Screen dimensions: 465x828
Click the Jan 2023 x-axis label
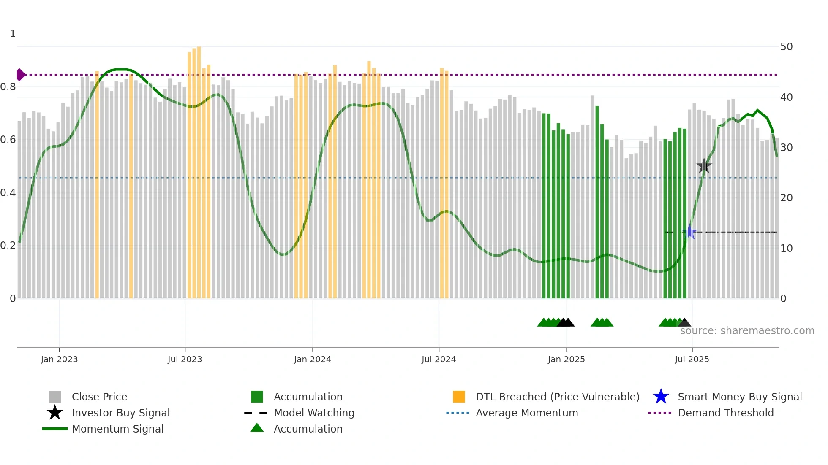pyautogui.click(x=59, y=359)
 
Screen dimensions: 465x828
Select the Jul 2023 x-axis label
pyautogui.click(x=185, y=359)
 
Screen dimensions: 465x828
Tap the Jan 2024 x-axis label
pyautogui.click(x=312, y=359)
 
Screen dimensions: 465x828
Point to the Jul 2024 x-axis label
pyautogui.click(x=439, y=359)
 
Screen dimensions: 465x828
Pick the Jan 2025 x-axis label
pyautogui.click(x=566, y=359)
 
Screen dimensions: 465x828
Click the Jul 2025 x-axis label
pyautogui.click(x=692, y=359)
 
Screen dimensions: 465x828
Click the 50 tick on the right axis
pyautogui.click(x=786, y=47)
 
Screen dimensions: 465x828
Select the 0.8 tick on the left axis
pyautogui.click(x=8, y=87)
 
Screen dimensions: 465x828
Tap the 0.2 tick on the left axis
pyautogui.click(x=8, y=246)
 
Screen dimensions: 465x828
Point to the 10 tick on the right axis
pyautogui.click(x=786, y=248)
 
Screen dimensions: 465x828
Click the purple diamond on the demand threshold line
pyautogui.click(x=20, y=75)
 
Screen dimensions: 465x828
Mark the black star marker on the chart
pyautogui.click(x=704, y=166)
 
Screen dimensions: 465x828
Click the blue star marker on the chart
pyautogui.click(x=690, y=232)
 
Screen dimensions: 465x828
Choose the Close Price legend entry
pyautogui.click(x=99, y=397)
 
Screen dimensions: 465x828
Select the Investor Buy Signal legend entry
pyautogui.click(x=120, y=413)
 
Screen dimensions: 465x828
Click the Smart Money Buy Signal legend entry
pyautogui.click(x=739, y=397)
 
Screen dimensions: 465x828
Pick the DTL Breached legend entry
pyautogui.click(x=557, y=397)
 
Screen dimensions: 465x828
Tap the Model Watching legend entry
pyautogui.click(x=313, y=413)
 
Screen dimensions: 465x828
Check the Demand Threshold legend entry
pyautogui.click(x=725, y=413)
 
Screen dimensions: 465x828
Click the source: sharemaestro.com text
pyautogui.click(x=747, y=331)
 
